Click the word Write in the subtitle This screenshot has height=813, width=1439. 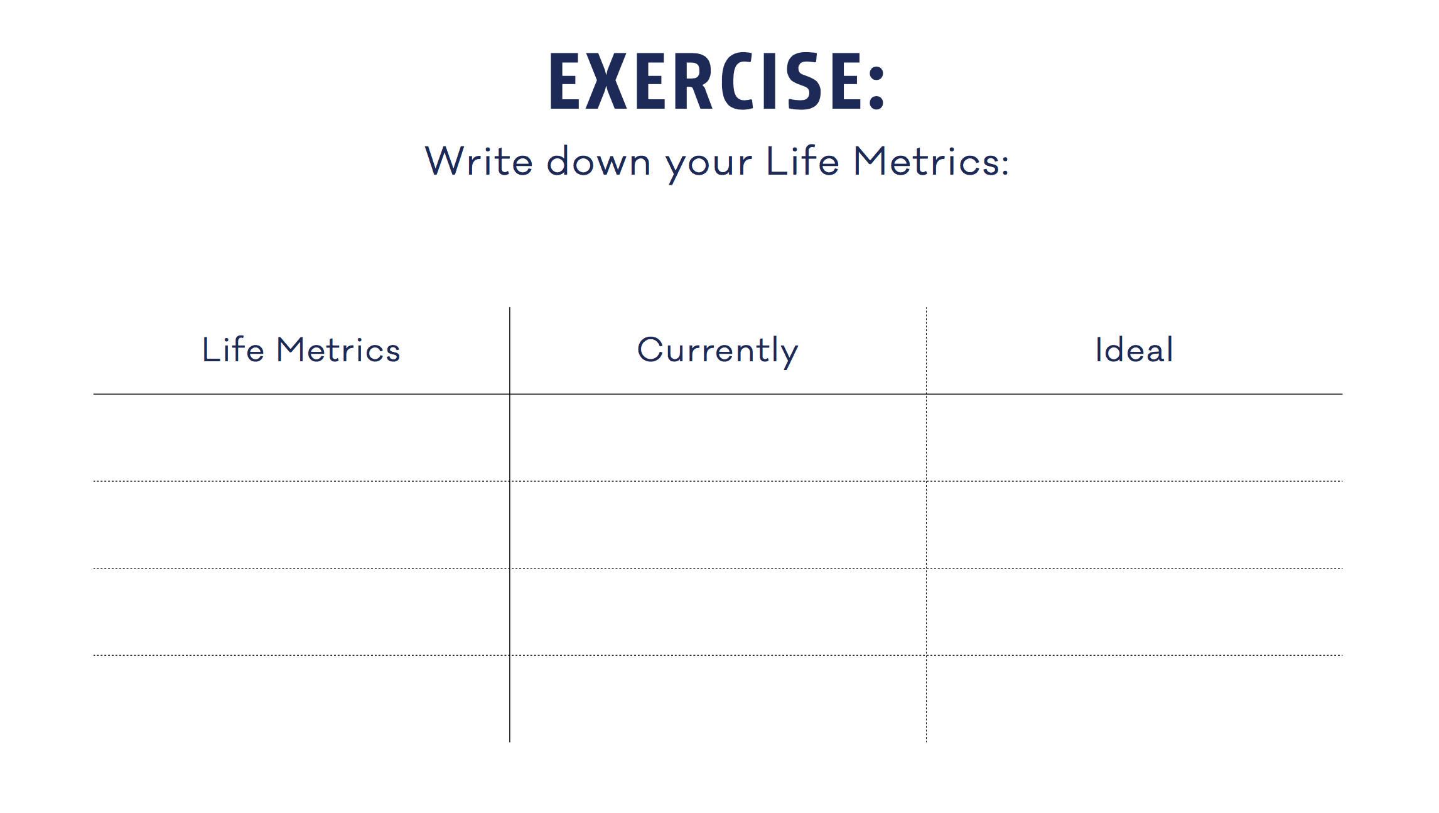click(x=478, y=161)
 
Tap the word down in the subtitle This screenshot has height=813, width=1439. click(x=598, y=161)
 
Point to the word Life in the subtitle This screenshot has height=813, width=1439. click(x=802, y=161)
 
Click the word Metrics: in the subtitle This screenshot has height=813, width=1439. click(x=931, y=161)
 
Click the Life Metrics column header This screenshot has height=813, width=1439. click(x=301, y=350)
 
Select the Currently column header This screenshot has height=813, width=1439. click(x=718, y=351)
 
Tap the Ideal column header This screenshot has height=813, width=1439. click(x=1134, y=350)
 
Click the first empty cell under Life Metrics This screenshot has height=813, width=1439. click(x=301, y=438)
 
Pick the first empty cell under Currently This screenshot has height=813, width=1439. click(x=718, y=438)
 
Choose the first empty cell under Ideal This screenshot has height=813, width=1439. click(x=1134, y=438)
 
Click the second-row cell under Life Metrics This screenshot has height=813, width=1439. click(x=301, y=525)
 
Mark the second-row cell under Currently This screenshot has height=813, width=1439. click(x=718, y=525)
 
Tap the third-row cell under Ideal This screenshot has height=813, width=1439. click(x=1134, y=611)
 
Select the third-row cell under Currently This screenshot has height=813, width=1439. click(x=718, y=611)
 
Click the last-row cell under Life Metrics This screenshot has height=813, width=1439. click(x=301, y=698)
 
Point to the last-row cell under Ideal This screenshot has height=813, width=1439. click(x=1134, y=698)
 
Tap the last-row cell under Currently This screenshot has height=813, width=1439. click(x=718, y=698)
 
